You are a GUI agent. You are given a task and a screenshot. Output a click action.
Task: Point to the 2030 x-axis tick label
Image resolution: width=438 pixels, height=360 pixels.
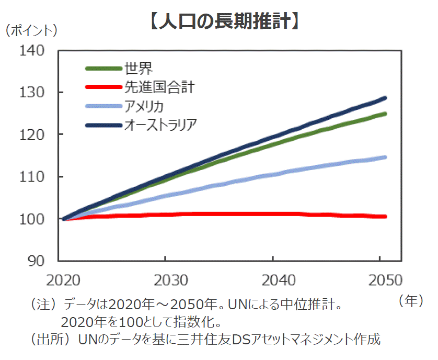[166, 279]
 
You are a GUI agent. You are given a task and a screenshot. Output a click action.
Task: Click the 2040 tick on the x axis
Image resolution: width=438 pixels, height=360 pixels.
[273, 279]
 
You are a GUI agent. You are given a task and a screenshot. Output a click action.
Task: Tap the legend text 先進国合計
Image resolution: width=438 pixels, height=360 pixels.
[158, 87]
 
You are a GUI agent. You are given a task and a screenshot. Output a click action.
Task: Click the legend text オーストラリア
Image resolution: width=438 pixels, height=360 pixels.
[162, 126]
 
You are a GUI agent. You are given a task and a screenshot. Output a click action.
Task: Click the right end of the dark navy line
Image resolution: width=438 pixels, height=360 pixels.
[385, 98]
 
